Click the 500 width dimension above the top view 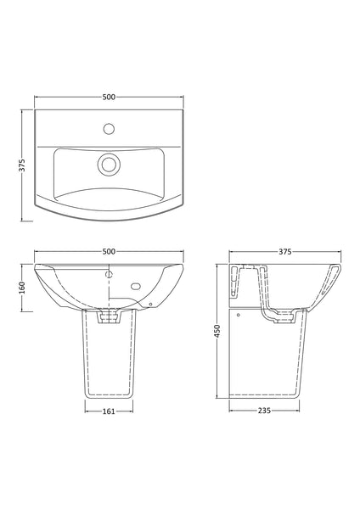pyautogui.click(x=109, y=98)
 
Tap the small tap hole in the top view pyautogui.click(x=109, y=130)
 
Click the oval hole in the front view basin pyautogui.click(x=136, y=287)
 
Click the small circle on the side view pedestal pyautogui.click(x=239, y=315)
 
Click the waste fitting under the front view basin pyautogui.click(x=109, y=316)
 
